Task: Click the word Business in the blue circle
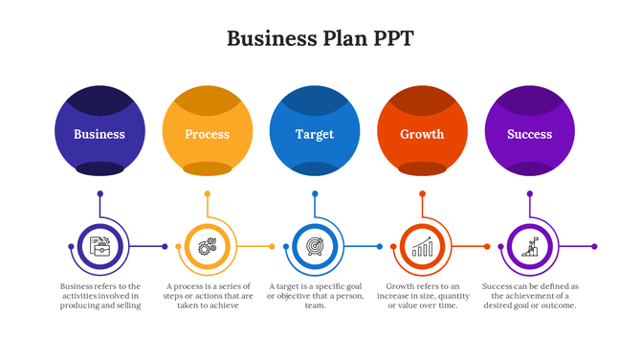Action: [x=99, y=134]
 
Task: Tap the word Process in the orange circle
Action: [x=208, y=134]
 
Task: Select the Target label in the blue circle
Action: [x=315, y=134]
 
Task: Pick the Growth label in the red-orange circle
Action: [x=422, y=134]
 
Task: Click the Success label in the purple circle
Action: [x=529, y=134]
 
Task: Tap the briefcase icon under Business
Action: [x=99, y=247]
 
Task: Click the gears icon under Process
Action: [x=207, y=247]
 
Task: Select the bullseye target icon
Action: [x=315, y=247]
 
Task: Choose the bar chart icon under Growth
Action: [x=422, y=247]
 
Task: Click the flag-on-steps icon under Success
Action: [x=529, y=247]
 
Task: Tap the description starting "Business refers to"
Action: [x=99, y=296]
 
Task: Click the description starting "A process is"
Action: [x=208, y=296]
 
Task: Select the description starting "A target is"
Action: [x=315, y=296]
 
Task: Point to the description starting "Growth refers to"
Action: [x=422, y=296]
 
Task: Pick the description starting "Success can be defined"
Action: [x=529, y=296]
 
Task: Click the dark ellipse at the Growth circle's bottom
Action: [x=422, y=169]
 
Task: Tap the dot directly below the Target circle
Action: [x=315, y=194]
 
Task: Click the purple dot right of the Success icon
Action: [x=594, y=247]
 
